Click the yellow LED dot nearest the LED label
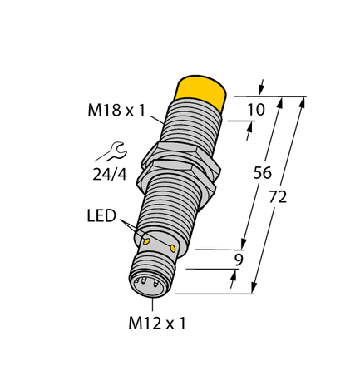tap(147, 240)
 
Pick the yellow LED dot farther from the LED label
tap(173, 248)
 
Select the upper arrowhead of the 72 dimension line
tap(303, 102)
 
